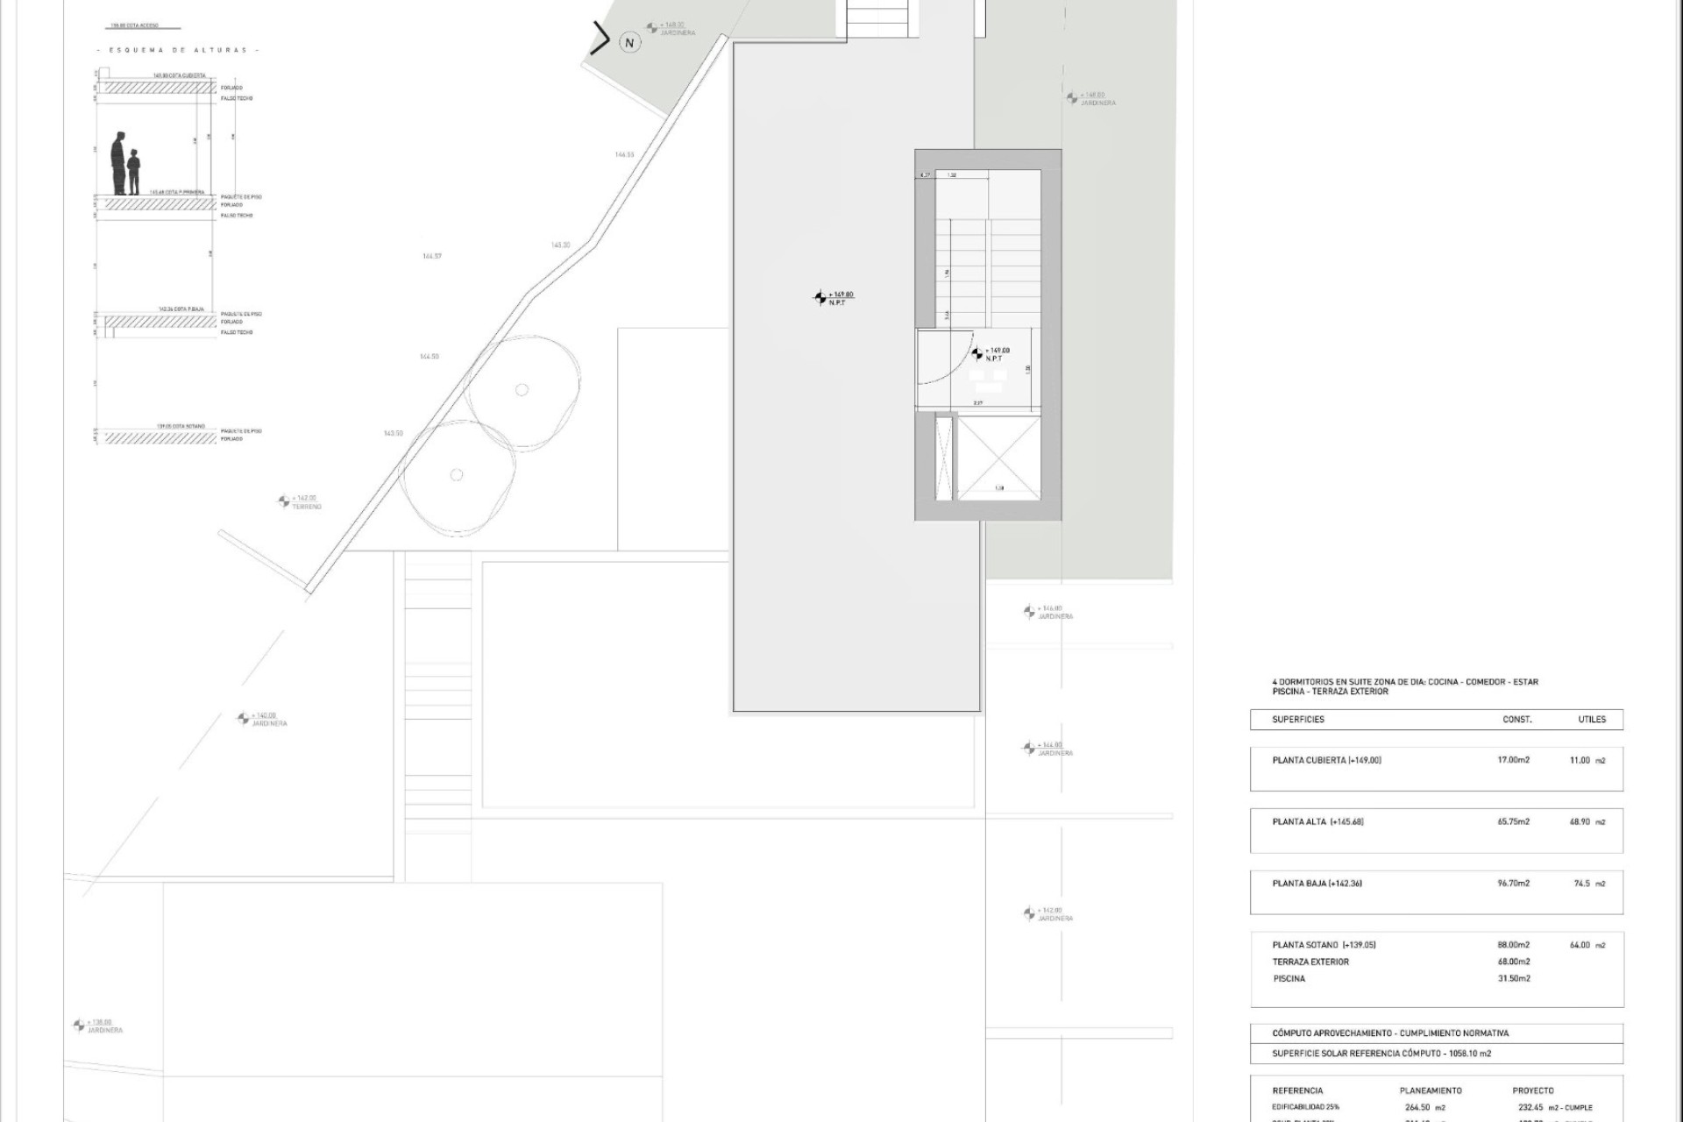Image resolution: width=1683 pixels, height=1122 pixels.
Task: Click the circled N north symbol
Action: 628,42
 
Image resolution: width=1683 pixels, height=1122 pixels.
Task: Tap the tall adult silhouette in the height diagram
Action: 118,164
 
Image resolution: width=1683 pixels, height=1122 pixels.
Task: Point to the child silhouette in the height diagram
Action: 133,172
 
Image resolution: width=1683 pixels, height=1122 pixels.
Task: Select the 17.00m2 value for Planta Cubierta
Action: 1513,760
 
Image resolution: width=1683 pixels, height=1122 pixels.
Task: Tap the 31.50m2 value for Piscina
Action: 1514,978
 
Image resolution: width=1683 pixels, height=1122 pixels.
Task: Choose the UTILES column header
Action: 1592,720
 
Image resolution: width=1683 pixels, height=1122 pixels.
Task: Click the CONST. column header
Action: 1516,720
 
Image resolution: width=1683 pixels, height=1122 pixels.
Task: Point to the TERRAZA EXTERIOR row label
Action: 1310,962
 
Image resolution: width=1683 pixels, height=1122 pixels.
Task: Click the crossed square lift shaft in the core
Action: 998,458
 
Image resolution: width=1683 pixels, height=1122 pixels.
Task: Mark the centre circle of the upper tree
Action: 522,390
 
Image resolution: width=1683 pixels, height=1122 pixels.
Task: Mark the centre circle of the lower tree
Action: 456,475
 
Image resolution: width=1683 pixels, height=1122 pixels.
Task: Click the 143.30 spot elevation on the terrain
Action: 560,245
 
